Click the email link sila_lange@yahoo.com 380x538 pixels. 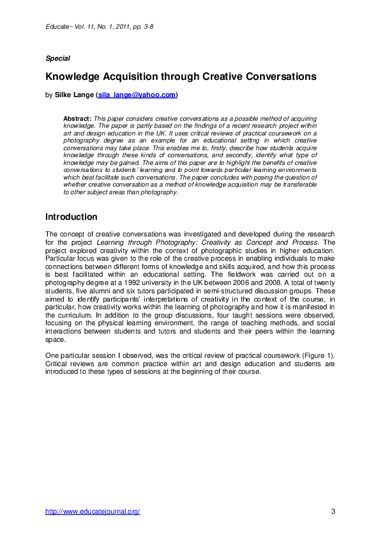(137, 95)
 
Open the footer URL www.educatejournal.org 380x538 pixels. (93, 512)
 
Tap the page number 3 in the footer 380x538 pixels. (333, 512)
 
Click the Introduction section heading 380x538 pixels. (71, 217)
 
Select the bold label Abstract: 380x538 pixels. (77, 119)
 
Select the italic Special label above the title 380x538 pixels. (57, 58)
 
